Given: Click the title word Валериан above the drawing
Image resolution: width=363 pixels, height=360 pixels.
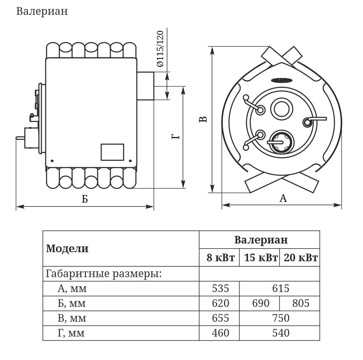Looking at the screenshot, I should click(x=42, y=11).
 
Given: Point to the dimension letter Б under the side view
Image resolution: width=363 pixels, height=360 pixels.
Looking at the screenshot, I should click(x=85, y=199).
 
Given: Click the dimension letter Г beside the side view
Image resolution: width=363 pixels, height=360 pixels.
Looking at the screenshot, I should click(x=175, y=137).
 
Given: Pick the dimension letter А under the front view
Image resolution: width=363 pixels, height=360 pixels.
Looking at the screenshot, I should click(x=283, y=198).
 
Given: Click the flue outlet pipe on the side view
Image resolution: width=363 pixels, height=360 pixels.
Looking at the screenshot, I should click(x=145, y=86).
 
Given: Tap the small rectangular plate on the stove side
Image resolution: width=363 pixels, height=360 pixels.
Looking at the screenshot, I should click(x=112, y=152).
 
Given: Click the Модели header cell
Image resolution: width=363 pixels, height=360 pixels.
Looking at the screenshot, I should click(x=67, y=249).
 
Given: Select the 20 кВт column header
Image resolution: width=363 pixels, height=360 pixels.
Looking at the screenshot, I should click(x=300, y=258).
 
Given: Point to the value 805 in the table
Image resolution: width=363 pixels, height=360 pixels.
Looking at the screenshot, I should click(x=300, y=303).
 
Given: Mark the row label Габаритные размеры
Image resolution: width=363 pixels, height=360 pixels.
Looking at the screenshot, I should click(x=103, y=274).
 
